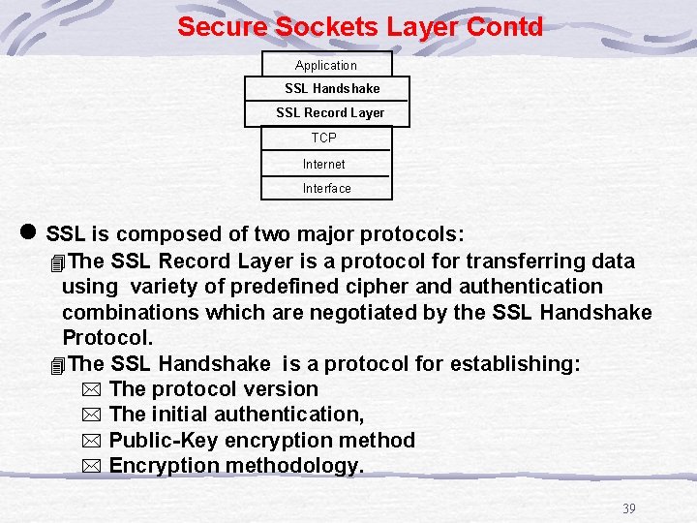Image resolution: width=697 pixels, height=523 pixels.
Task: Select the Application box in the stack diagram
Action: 326,65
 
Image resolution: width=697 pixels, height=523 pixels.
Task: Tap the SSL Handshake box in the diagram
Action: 332,88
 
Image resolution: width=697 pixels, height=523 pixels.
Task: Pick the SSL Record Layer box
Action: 330,112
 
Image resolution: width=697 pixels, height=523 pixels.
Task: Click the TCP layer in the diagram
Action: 324,138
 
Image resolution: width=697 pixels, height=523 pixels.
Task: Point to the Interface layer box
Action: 326,188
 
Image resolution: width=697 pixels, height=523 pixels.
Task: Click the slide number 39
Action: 628,508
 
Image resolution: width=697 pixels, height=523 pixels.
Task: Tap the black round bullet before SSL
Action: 27,232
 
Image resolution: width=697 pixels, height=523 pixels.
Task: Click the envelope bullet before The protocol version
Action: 90,389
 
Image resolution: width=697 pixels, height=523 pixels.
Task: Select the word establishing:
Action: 523,363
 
